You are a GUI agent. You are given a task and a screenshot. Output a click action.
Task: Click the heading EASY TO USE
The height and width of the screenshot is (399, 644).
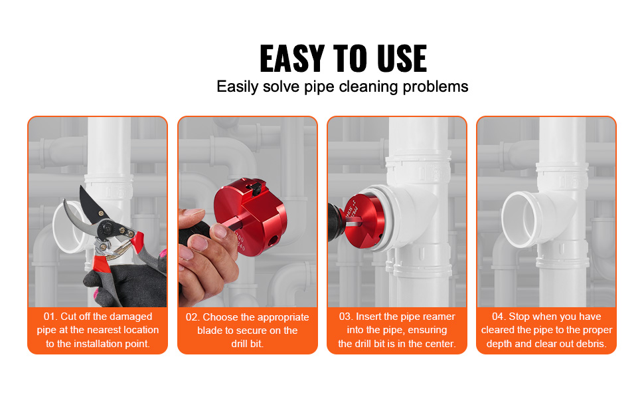(343, 59)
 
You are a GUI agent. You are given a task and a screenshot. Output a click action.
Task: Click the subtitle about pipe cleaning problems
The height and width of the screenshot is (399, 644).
(342, 86)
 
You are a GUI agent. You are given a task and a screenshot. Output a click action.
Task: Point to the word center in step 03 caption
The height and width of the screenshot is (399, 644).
(440, 344)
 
